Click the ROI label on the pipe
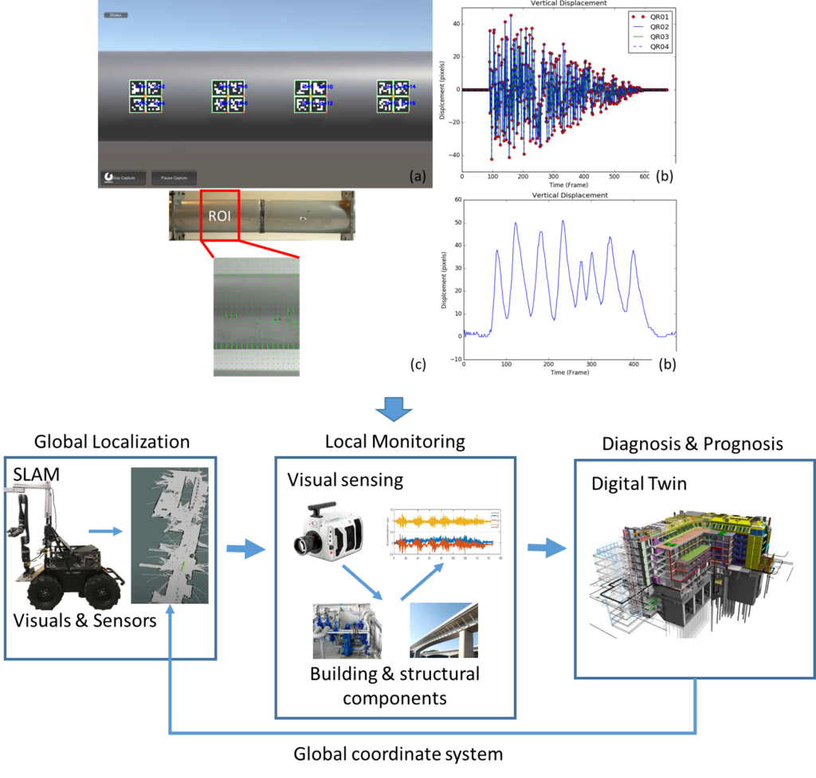(219, 215)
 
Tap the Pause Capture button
(174, 178)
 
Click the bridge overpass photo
(444, 630)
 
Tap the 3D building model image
(691, 572)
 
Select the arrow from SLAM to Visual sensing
(245, 548)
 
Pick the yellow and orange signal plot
(442, 534)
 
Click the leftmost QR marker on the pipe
(146, 96)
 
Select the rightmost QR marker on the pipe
(393, 96)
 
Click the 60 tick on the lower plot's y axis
(457, 200)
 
